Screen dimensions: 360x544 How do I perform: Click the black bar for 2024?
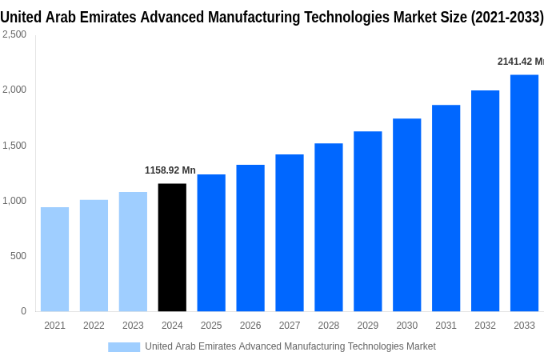(172, 247)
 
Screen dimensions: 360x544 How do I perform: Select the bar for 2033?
(524, 193)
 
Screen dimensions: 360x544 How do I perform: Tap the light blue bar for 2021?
(54, 259)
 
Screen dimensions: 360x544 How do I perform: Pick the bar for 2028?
(328, 227)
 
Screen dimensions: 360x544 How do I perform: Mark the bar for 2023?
(133, 251)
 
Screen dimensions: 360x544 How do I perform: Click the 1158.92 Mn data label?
(170, 170)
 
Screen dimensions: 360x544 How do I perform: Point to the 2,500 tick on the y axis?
(14, 34)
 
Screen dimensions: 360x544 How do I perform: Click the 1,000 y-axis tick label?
(14, 201)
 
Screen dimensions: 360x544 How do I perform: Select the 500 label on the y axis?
(18, 256)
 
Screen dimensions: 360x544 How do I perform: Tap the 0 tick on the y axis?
(23, 311)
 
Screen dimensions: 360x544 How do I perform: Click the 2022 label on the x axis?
(94, 326)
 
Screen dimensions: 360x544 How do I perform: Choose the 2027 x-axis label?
(290, 326)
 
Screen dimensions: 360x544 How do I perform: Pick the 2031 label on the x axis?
(446, 326)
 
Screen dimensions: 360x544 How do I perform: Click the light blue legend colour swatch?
(124, 346)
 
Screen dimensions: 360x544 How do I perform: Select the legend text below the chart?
(290, 346)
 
